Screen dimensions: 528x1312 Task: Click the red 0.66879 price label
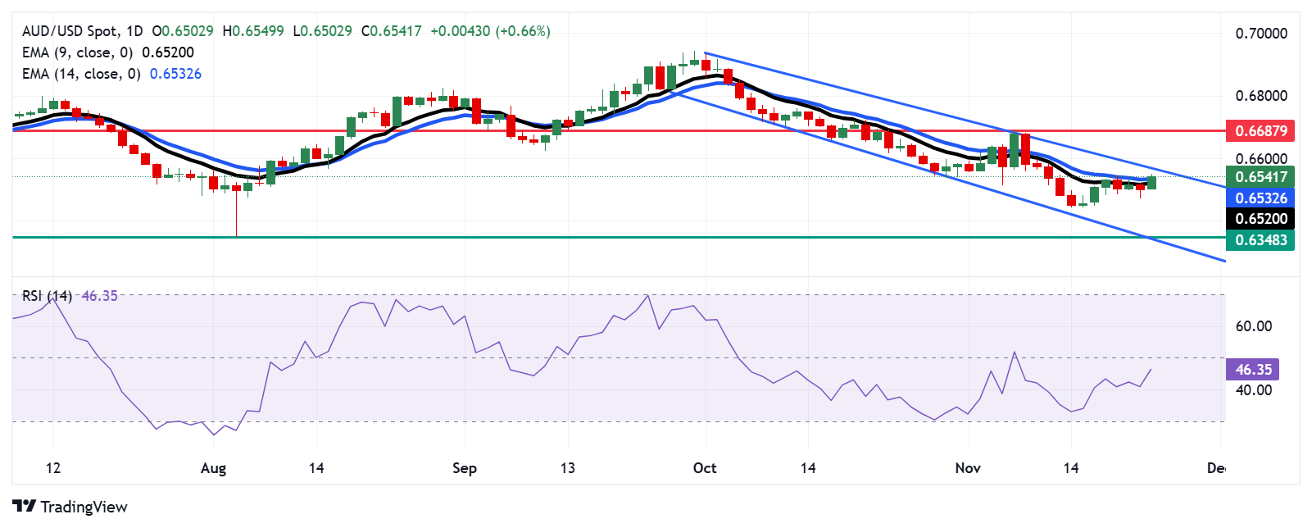pyautogui.click(x=1260, y=130)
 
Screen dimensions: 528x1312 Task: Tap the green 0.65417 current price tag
pyautogui.click(x=1260, y=176)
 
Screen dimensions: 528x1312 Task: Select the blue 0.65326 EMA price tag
pyautogui.click(x=1260, y=198)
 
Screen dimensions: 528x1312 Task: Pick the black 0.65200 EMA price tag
pyautogui.click(x=1260, y=219)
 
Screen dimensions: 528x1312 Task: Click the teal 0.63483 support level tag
pyautogui.click(x=1260, y=240)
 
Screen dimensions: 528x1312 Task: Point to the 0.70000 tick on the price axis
pyautogui.click(x=1260, y=34)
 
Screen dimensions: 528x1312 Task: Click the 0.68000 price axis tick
pyautogui.click(x=1260, y=96)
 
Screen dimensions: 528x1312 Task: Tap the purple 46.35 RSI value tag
pyautogui.click(x=1252, y=370)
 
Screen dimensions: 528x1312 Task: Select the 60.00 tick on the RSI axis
pyautogui.click(x=1253, y=326)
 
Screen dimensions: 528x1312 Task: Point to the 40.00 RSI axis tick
pyautogui.click(x=1253, y=390)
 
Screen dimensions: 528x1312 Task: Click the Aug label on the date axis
pyautogui.click(x=213, y=468)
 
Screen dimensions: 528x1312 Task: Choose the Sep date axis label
pyautogui.click(x=464, y=468)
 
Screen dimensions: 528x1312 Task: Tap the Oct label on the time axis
pyautogui.click(x=705, y=468)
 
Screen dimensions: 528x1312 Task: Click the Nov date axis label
pyautogui.click(x=968, y=468)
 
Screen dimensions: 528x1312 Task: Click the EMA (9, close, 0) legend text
pyautogui.click(x=77, y=52)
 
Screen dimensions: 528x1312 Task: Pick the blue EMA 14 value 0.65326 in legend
pyautogui.click(x=175, y=74)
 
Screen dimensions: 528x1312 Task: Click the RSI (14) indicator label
pyautogui.click(x=47, y=296)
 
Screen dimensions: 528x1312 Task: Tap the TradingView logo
pyautogui.click(x=70, y=507)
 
